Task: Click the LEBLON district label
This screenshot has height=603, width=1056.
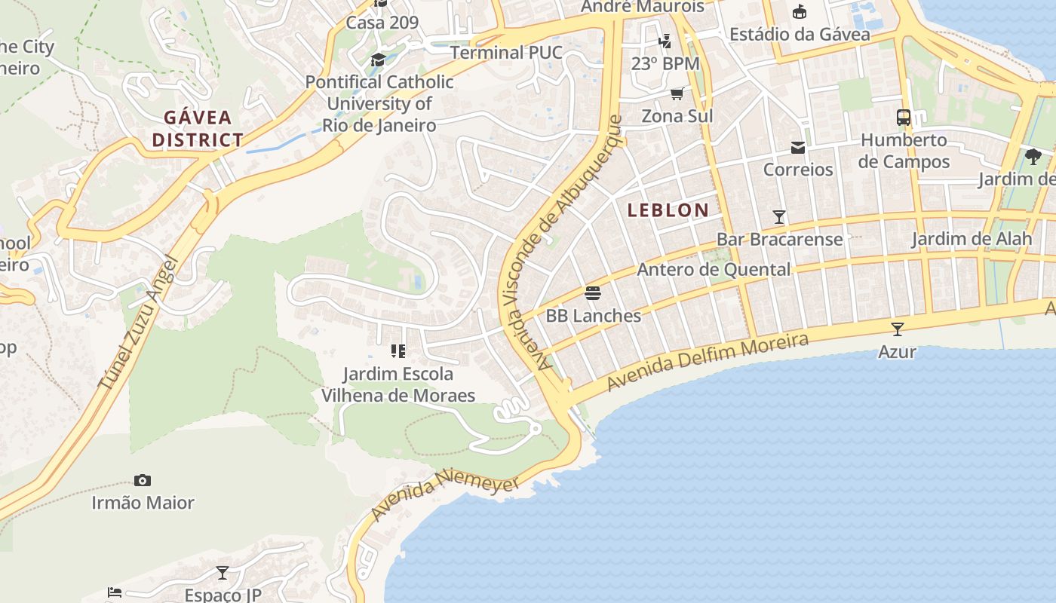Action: point(668,210)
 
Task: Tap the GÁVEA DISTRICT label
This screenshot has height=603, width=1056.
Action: point(198,129)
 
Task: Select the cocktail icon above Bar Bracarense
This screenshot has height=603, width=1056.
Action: point(779,217)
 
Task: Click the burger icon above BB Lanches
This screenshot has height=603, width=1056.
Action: point(593,292)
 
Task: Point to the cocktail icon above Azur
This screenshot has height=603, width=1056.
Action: point(897,329)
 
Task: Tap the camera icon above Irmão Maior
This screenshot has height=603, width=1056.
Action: point(142,480)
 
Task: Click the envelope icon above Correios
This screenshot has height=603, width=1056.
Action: point(797,147)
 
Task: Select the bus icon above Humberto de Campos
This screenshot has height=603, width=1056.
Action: point(903,118)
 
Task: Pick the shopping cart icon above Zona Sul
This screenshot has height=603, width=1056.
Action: point(677,93)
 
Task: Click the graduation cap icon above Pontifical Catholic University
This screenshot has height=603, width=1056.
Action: point(378,60)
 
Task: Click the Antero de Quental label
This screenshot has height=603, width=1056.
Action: point(714,269)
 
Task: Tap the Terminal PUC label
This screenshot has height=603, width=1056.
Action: point(506,53)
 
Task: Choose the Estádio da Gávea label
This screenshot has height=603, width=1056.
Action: point(800,34)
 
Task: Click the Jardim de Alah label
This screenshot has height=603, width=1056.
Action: point(971,239)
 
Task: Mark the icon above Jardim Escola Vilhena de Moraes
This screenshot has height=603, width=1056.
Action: point(398,350)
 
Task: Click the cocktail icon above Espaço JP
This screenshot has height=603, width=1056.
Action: point(223,573)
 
